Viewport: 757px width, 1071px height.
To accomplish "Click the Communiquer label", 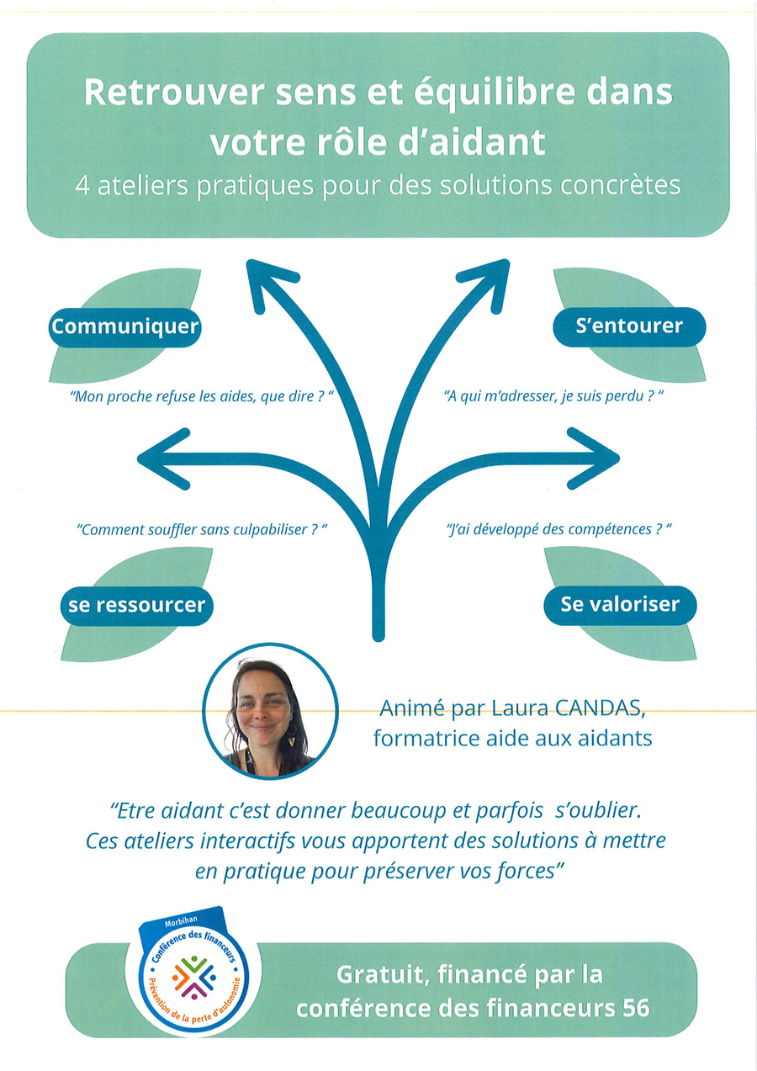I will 124,326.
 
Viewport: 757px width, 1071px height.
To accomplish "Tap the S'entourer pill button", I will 628,326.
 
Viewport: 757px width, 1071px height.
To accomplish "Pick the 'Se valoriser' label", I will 620,604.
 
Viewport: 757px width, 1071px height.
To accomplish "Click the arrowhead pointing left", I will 160,458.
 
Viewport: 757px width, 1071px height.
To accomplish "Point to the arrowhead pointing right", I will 599,457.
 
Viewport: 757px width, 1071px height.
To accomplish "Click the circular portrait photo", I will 270,712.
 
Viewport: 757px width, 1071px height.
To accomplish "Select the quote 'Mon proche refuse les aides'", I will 199,395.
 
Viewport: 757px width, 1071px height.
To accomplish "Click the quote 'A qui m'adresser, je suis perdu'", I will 548,395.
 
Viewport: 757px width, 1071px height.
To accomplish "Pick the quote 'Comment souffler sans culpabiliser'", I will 201,530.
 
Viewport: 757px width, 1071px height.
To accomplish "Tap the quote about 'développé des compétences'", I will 558,530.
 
